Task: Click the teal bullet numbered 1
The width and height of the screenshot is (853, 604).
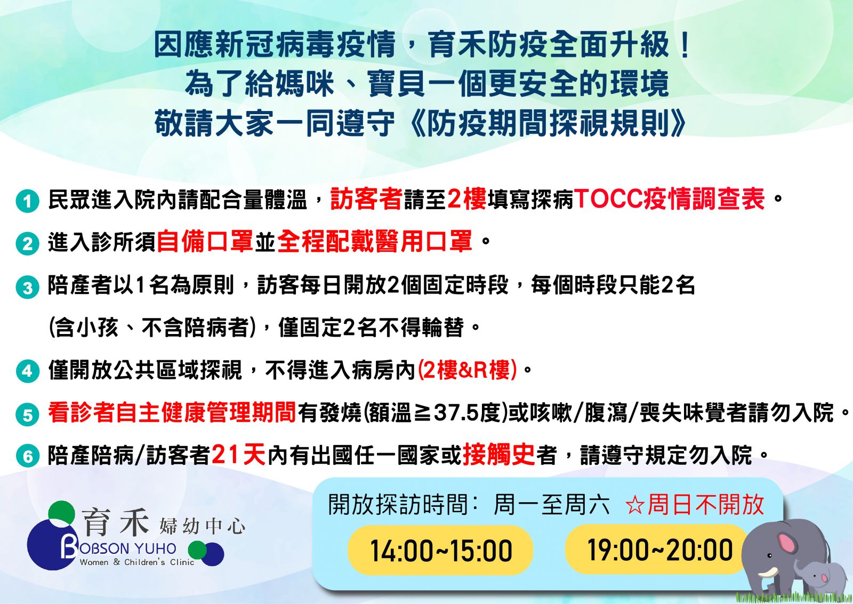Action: (27, 201)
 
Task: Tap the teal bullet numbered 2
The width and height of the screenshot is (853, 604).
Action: (27, 243)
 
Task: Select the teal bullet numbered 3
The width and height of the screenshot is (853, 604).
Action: (27, 287)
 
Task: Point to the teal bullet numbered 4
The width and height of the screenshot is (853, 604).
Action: (27, 370)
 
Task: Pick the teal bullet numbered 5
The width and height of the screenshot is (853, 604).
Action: (27, 414)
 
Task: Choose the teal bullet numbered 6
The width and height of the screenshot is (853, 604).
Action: (27, 455)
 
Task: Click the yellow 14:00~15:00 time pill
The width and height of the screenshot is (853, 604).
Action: (440, 550)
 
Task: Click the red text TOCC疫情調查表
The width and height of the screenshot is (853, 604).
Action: (669, 199)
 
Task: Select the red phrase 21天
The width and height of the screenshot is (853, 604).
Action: (238, 455)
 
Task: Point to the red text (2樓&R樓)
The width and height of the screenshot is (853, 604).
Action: (467, 370)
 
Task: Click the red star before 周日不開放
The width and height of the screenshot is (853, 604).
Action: (635, 506)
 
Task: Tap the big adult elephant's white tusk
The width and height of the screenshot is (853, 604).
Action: (767, 573)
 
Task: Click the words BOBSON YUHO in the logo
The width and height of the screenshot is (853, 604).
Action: (118, 549)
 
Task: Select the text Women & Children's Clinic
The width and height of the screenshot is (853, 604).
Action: (137, 562)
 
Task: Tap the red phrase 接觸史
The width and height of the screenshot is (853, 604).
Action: (499, 455)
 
